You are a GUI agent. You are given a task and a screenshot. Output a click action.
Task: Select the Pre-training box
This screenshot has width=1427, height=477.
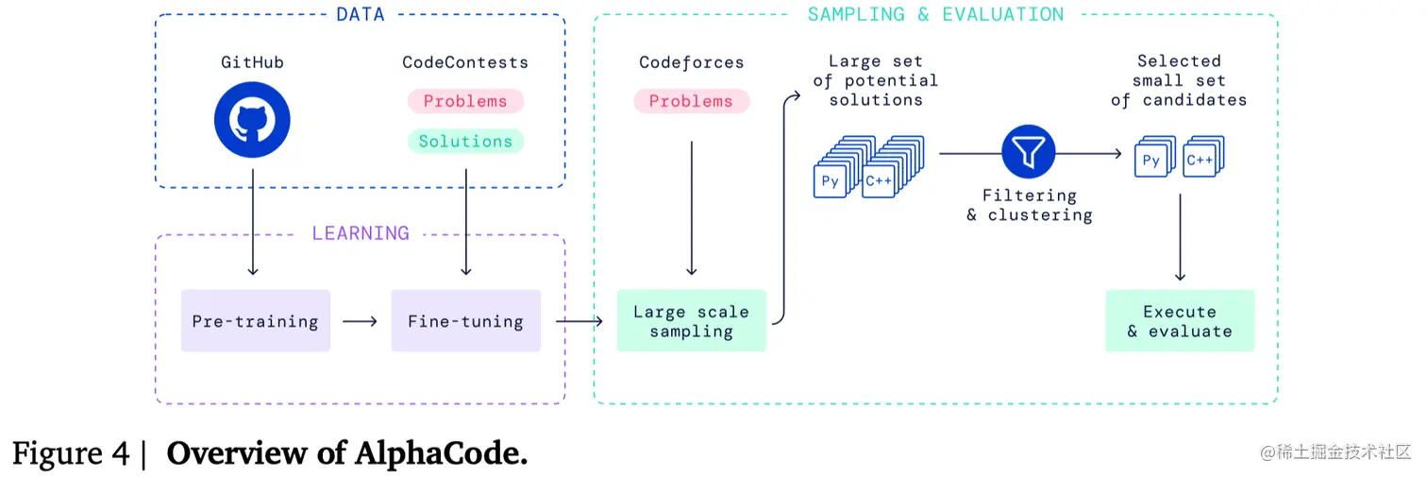click(256, 321)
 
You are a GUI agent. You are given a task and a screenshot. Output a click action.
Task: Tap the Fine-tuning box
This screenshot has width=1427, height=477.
click(465, 321)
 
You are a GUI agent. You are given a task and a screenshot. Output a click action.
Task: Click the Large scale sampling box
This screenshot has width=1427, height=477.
click(691, 321)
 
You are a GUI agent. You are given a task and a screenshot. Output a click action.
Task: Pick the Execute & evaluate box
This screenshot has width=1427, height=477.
click(1180, 321)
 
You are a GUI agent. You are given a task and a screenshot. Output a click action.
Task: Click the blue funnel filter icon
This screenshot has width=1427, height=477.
click(1028, 152)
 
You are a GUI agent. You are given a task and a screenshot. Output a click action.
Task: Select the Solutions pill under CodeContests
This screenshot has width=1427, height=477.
click(465, 142)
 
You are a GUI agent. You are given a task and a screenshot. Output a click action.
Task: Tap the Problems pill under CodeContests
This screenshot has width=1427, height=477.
click(465, 101)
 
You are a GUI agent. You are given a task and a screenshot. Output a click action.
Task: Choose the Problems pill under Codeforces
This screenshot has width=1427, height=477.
click(691, 101)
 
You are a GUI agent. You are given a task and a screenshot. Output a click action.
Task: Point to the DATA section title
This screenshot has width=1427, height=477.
click(360, 14)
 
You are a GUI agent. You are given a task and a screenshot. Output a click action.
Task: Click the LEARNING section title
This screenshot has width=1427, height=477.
click(360, 233)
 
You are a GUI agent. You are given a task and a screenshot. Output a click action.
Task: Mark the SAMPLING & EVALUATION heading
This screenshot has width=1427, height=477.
click(935, 14)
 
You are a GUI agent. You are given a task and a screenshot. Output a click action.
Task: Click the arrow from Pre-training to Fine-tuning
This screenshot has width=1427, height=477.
click(360, 321)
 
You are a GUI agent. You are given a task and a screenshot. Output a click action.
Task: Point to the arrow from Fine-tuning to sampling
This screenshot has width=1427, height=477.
click(578, 321)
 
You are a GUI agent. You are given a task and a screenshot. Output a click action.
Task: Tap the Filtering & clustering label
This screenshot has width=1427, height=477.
click(1029, 205)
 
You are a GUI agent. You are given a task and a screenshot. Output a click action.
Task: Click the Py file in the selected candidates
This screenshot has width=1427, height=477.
click(1151, 162)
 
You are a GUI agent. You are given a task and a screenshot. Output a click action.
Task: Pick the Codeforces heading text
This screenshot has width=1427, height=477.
click(691, 62)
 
